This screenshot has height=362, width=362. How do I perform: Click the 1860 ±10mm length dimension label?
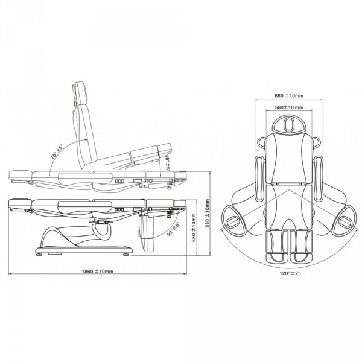[98, 271]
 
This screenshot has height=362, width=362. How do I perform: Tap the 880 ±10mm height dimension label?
[207, 214]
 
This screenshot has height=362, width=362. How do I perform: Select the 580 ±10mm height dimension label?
[194, 227]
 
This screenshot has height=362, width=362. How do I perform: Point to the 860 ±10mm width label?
[289, 95]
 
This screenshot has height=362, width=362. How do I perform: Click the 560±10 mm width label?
[289, 107]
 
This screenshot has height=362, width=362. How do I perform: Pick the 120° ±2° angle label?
[290, 273]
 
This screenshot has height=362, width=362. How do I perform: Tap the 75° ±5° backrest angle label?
[57, 152]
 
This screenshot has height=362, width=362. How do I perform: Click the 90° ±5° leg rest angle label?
[173, 229]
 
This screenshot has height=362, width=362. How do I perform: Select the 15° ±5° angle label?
[168, 164]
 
